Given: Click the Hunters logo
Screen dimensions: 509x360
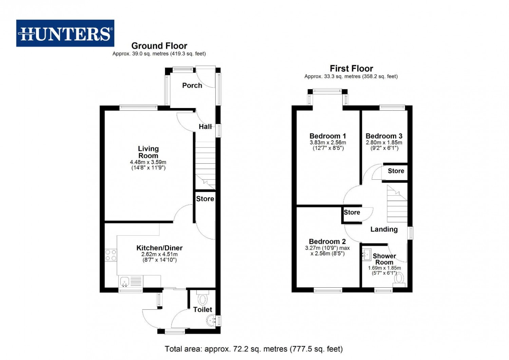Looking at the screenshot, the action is point(65,33).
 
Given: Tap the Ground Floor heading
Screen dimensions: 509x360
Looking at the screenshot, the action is point(159,46).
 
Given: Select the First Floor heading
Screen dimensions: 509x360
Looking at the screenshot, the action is point(351,69).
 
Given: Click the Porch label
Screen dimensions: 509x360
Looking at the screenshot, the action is point(192,86).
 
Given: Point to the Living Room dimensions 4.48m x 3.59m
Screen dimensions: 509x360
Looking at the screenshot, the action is point(148,162).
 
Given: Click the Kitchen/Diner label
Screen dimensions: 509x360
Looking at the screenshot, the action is point(159,248).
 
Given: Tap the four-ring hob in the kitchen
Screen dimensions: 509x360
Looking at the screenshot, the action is point(111,255).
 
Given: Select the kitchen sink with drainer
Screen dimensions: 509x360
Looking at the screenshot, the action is point(131,281).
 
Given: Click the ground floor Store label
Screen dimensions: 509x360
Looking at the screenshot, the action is point(205,199).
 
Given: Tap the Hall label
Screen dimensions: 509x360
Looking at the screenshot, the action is point(205,127).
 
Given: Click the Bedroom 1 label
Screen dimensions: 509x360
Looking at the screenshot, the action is point(328,136).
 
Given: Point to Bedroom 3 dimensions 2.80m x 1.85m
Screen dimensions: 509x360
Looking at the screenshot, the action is point(384,143).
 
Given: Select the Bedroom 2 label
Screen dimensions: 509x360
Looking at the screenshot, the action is point(327,241).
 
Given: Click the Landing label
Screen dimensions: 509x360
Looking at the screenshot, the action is point(384,229).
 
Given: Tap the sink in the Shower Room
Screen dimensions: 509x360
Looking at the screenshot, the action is point(366,254).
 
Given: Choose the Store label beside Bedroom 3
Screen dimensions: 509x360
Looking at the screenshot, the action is point(396,171).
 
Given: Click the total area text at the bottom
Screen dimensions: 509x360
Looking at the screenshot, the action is point(253,349).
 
